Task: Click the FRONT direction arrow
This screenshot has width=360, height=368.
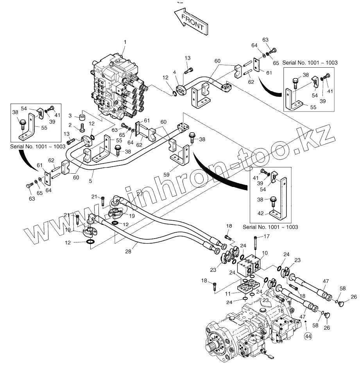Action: coord(191,22)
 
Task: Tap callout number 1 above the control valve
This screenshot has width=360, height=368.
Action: coord(125,42)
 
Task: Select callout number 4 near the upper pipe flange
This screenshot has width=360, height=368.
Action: coord(174,72)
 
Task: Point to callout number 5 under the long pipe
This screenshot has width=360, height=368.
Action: coord(91,181)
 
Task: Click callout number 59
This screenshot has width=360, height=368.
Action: coord(166,174)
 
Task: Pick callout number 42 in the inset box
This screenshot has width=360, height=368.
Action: coord(261,214)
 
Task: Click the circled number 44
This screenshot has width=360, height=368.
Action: coord(308,336)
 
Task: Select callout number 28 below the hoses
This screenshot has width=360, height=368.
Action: coord(128,251)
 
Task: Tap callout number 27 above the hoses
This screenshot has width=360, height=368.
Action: coord(140,194)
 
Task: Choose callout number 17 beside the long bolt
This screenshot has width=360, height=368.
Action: coord(267,236)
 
